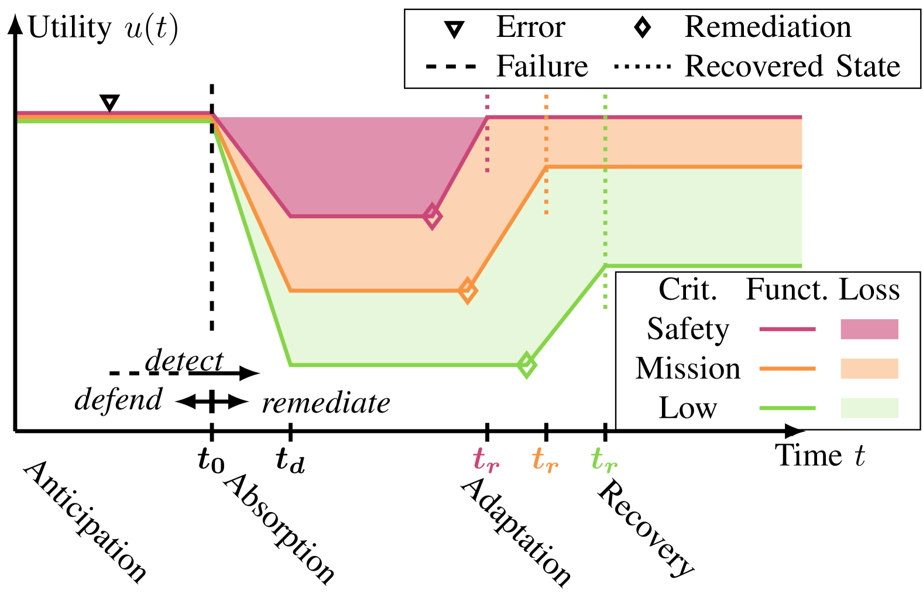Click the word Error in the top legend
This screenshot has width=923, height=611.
(530, 28)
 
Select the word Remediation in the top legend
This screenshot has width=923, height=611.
(767, 28)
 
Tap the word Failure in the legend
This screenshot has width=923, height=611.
(541, 66)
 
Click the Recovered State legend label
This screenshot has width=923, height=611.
(792, 66)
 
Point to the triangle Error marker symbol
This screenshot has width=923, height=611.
(454, 29)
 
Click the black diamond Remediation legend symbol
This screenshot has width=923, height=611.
(642, 28)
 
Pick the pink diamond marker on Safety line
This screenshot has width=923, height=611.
(432, 217)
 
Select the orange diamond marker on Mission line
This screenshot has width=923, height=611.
(467, 290)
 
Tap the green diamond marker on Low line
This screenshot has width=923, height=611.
(526, 365)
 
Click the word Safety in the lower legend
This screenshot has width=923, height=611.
(688, 329)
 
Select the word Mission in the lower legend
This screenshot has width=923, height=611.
(688, 369)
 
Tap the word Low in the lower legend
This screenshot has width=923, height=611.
(688, 408)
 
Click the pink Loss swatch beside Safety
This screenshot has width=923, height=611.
(869, 329)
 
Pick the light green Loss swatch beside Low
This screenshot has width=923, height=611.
(869, 408)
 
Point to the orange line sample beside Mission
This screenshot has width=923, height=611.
(787, 369)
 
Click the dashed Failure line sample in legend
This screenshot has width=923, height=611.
(451, 66)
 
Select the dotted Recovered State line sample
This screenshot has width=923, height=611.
(642, 66)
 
